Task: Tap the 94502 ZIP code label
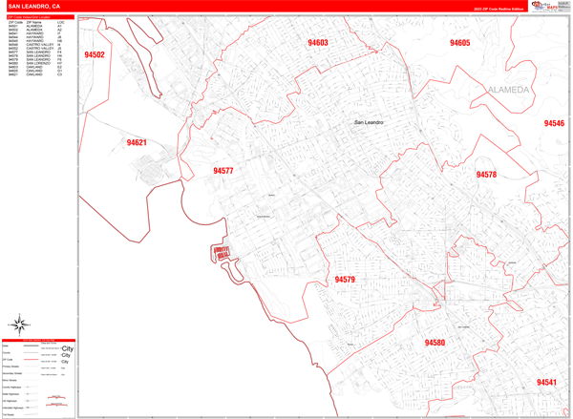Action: point(94,55)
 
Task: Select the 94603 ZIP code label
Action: point(317,43)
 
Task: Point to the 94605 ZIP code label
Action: point(460,43)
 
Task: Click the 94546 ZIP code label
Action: point(554,124)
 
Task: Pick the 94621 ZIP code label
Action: point(137,143)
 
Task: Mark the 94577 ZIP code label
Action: point(223,171)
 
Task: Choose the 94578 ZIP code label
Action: point(486,175)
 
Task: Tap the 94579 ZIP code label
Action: point(345,280)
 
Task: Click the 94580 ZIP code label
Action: point(435,343)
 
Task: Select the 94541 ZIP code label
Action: point(546,382)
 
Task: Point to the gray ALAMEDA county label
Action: point(507,90)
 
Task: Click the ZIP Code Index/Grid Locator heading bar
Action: point(38,17)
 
